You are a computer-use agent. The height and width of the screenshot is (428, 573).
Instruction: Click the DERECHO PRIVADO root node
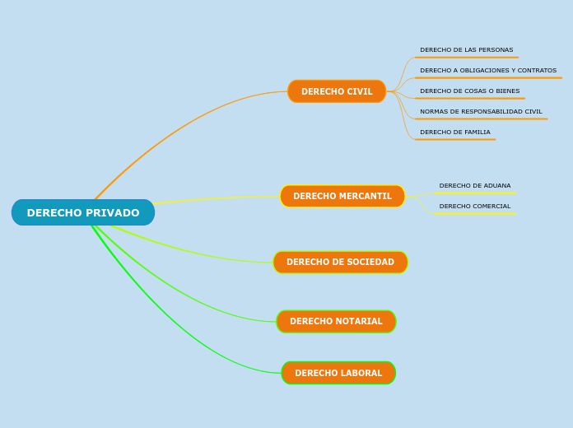tap(83, 212)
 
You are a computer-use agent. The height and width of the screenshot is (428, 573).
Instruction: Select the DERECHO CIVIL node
tap(337, 91)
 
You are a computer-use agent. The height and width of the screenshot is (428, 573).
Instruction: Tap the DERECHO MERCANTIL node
tap(342, 196)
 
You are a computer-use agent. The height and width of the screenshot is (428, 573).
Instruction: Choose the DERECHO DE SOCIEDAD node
tap(340, 263)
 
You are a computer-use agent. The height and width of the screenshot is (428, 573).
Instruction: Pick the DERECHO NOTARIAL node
tap(336, 321)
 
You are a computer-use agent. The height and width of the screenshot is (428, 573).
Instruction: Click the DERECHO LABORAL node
tap(338, 373)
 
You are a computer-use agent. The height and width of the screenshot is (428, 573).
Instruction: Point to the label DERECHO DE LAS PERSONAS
tap(466, 50)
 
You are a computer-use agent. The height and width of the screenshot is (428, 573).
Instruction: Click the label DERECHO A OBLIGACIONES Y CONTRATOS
tap(487, 71)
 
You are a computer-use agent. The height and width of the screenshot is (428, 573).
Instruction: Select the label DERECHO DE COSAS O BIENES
tap(469, 91)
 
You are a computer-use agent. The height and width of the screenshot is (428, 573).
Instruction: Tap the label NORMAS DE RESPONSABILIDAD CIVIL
tap(481, 112)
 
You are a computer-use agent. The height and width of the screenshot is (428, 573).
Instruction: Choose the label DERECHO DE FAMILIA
tap(454, 133)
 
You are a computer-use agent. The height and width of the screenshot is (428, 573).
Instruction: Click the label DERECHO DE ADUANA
tap(474, 186)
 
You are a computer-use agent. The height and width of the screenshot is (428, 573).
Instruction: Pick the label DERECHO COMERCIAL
tap(474, 207)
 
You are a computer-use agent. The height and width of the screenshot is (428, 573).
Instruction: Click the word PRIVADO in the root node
tap(111, 213)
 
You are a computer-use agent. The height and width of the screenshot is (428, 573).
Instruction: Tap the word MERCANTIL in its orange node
tap(365, 197)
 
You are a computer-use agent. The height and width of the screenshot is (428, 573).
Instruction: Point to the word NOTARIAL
tap(359, 322)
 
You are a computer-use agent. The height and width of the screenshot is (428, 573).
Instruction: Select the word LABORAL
tap(361, 374)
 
